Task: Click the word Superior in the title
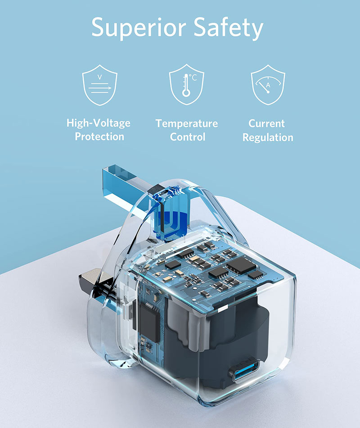click(139, 27)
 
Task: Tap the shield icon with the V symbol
click(100, 85)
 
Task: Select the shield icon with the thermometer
click(187, 84)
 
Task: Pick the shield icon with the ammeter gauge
click(268, 85)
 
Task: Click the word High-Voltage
click(99, 123)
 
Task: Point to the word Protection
click(99, 137)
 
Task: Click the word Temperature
click(187, 123)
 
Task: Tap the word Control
click(188, 137)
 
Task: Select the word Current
click(267, 123)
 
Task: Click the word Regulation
click(268, 137)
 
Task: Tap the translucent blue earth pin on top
click(128, 186)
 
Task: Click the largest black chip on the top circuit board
click(241, 264)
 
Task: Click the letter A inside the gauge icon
click(268, 85)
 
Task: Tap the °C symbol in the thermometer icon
click(193, 78)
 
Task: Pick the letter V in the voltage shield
click(100, 77)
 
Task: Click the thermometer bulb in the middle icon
click(186, 93)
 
